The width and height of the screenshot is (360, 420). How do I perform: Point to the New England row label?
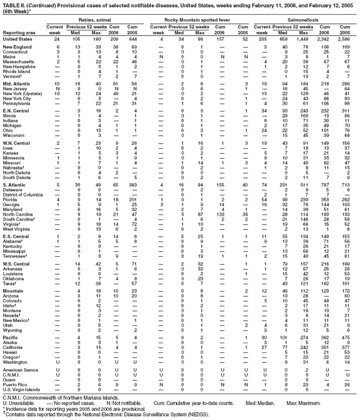coord(15,46)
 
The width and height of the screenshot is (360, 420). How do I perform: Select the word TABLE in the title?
coord(10,5)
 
